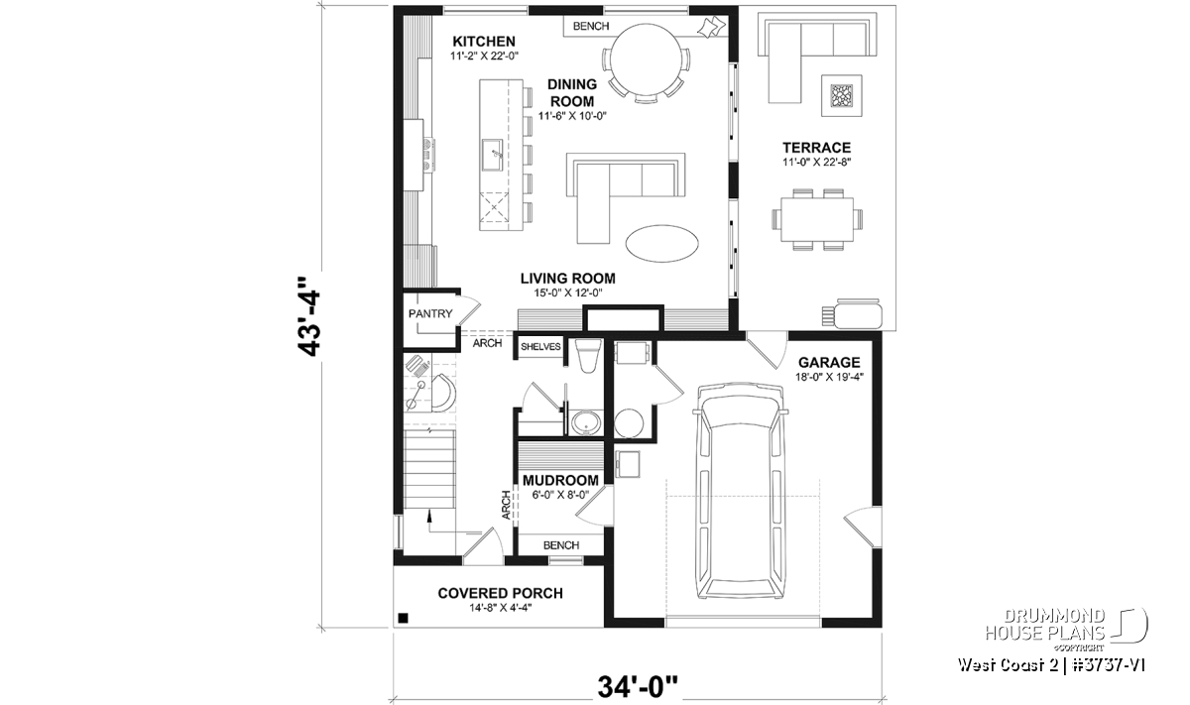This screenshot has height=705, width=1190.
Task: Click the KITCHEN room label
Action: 484,42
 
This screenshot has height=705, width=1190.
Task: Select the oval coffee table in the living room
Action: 662,243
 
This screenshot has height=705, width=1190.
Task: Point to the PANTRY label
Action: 430,314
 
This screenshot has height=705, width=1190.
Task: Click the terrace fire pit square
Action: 842,96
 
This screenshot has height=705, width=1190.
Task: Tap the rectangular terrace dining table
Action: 817,219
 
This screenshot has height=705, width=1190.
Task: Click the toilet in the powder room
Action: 588,355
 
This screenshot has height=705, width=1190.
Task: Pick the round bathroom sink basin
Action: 586,422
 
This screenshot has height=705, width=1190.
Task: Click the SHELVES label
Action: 540,347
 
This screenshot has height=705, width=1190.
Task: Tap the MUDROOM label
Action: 560,481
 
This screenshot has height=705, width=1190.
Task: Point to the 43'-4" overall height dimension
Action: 308,316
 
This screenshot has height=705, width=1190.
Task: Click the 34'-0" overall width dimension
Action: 638,687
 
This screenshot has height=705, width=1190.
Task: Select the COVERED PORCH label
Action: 500,593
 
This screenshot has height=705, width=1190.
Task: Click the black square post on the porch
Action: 403,619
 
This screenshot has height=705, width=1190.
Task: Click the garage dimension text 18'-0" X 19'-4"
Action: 829,378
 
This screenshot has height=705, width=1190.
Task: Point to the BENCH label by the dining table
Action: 591,26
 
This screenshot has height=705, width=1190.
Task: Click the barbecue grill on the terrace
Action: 853,313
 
